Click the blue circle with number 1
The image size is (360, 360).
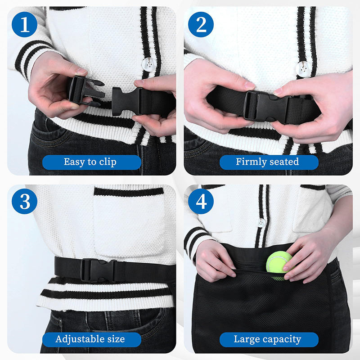click(x=24, y=25)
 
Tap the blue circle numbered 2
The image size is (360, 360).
click(x=200, y=25)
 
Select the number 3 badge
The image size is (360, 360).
click(x=24, y=201)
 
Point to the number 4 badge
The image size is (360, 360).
click(x=200, y=201)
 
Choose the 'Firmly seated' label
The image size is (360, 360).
click(x=268, y=162)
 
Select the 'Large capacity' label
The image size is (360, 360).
click(x=268, y=339)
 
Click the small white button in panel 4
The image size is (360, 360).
click(x=261, y=222)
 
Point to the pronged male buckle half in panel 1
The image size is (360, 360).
click(x=85, y=90)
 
